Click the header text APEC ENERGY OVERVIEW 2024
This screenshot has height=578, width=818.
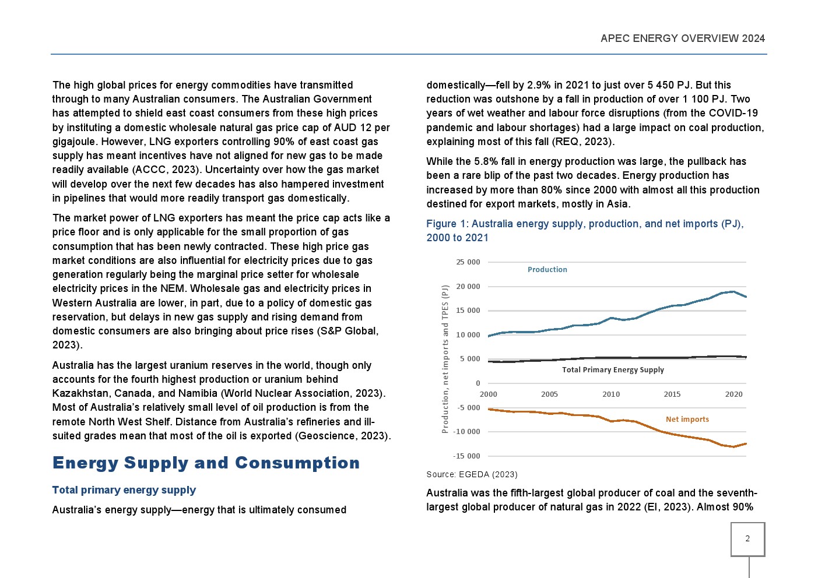click(x=682, y=38)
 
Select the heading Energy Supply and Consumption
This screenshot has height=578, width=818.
click(x=206, y=463)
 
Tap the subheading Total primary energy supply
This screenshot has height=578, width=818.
click(x=124, y=490)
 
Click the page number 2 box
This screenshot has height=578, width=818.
click(x=747, y=539)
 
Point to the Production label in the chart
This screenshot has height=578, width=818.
click(x=547, y=269)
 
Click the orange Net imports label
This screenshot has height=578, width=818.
click(x=687, y=419)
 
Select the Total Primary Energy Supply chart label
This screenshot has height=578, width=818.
click(x=613, y=369)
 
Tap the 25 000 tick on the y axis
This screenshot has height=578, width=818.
click(x=468, y=262)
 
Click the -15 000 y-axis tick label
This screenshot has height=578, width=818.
click(x=466, y=456)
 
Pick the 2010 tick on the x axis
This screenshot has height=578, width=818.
click(x=611, y=394)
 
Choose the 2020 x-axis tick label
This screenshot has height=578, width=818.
click(x=733, y=394)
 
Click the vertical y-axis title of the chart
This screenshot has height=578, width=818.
click(x=445, y=359)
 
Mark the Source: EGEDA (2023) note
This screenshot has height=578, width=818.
click(x=472, y=474)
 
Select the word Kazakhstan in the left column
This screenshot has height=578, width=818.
click(x=80, y=393)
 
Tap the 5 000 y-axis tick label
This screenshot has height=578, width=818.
click(x=469, y=359)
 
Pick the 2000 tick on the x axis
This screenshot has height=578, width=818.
click(x=489, y=394)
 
